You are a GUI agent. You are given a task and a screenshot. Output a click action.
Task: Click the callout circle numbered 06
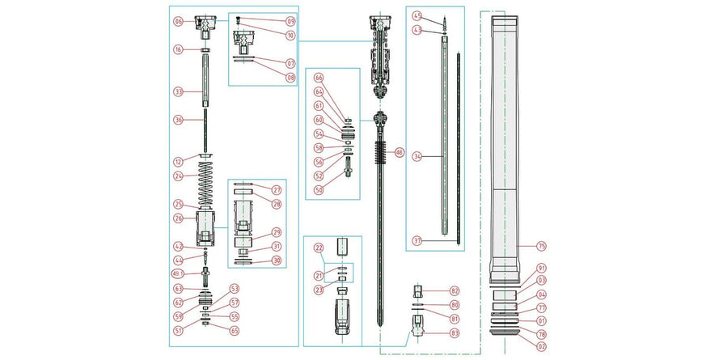tap(178, 22)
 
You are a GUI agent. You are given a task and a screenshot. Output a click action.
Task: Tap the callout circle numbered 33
tap(178, 92)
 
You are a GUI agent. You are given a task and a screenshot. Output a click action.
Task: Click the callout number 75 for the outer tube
tap(542, 245)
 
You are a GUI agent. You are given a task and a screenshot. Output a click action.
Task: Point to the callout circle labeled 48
tap(399, 152)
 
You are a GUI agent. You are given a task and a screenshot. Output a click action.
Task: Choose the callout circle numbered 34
tap(417, 155)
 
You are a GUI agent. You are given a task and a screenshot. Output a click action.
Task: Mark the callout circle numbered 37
tap(417, 240)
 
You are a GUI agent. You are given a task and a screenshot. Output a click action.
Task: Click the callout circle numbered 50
tap(319, 189)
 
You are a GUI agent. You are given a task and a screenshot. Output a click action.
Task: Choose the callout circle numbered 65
tap(235, 330)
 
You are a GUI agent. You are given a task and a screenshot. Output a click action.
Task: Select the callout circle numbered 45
tap(417, 16)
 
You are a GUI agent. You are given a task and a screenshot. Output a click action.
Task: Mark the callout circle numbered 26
tap(178, 217)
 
